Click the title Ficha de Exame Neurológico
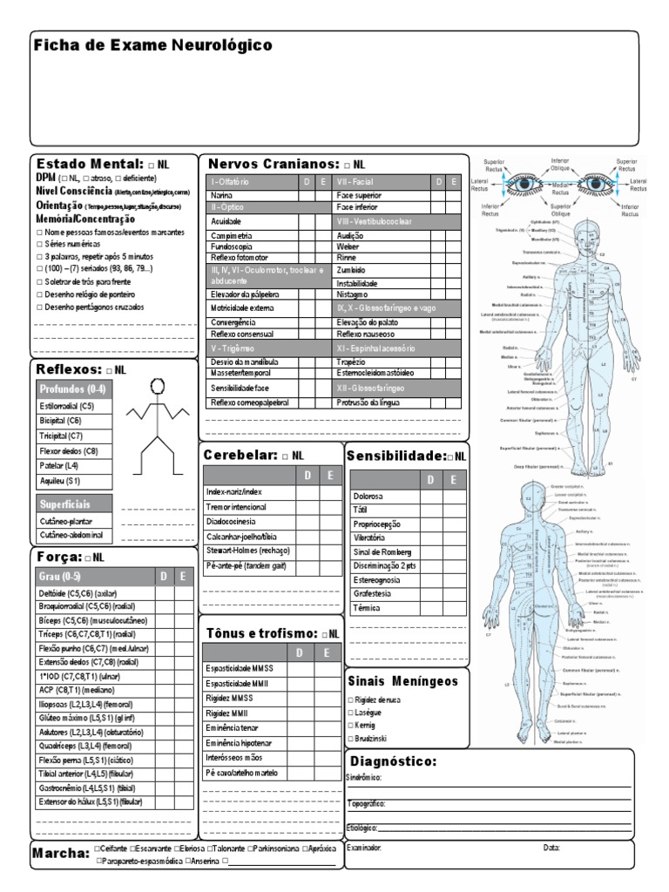[153, 45]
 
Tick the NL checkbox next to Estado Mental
[152, 165]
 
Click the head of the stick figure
[158, 385]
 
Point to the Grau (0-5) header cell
[59, 577]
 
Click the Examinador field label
[364, 848]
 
